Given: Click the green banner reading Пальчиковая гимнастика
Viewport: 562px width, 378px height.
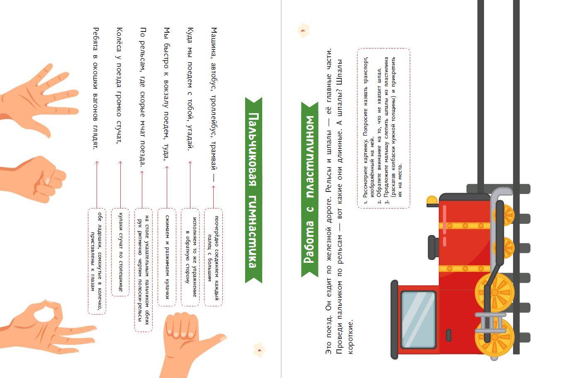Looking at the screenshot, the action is pos(254,190).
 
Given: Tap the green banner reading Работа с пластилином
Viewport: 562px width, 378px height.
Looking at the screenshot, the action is pos(309,189).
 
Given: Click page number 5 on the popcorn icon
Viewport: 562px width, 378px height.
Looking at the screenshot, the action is pos(303,31).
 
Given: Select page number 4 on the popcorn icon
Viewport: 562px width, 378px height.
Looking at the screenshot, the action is pos(259,350).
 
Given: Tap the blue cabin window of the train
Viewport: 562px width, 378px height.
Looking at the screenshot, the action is pos(418,320).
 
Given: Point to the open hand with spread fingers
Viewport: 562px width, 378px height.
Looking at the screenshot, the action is pos(38,100).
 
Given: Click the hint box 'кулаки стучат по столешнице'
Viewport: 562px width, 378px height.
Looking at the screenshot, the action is pos(120,252).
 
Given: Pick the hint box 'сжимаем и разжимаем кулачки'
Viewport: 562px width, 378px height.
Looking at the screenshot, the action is pos(167,257).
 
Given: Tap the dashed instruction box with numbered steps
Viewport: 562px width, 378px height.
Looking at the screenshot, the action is pos(384,128).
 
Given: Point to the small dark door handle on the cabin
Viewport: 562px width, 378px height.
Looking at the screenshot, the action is pos(449,335).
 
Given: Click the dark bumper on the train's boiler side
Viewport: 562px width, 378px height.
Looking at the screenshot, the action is pos(433,247).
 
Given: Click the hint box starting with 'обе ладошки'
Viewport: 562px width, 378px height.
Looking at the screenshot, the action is pos(97,261).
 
